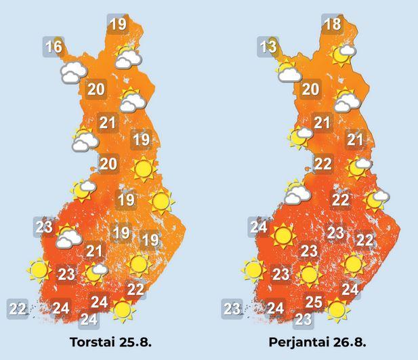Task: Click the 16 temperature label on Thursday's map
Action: (x=54, y=47)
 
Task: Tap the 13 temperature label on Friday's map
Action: (x=268, y=47)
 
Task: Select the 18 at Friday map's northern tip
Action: (x=332, y=24)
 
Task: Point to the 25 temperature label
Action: (x=314, y=302)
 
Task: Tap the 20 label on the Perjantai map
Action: (x=310, y=89)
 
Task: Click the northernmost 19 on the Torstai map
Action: (x=117, y=24)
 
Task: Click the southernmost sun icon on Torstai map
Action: (x=123, y=310)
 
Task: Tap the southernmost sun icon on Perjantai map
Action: (x=337, y=310)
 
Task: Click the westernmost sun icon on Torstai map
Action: (x=39, y=271)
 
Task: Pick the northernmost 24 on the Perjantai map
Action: (x=258, y=226)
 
